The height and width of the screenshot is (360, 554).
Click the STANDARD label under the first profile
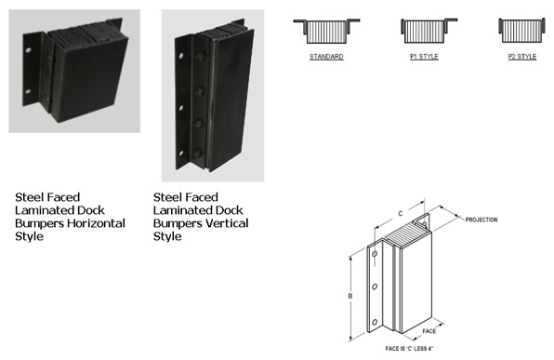click(x=326, y=57)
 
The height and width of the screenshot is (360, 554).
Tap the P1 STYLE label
click(x=424, y=57)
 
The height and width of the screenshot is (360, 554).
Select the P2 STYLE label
click(x=522, y=57)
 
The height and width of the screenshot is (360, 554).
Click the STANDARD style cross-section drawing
click(x=326, y=31)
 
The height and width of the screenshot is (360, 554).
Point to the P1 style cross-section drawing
click(x=429, y=31)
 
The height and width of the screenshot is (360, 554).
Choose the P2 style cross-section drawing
click(x=521, y=31)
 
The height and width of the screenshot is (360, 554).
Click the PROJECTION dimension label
click(x=481, y=220)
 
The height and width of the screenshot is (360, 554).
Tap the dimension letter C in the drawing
click(x=401, y=214)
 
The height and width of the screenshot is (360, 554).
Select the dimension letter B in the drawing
click(x=350, y=296)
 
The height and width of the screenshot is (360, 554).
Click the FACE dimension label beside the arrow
click(x=429, y=331)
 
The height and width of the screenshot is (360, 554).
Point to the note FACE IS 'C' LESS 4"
click(x=410, y=349)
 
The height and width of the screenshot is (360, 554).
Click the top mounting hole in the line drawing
click(x=375, y=254)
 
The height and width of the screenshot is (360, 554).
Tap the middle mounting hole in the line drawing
click(x=375, y=287)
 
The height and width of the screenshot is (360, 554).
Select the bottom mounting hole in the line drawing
click(x=375, y=322)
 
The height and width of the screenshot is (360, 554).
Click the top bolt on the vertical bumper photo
click(x=200, y=57)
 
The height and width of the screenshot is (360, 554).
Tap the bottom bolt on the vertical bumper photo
click(x=197, y=153)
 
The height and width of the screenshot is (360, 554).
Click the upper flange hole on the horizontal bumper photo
click(x=28, y=50)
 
